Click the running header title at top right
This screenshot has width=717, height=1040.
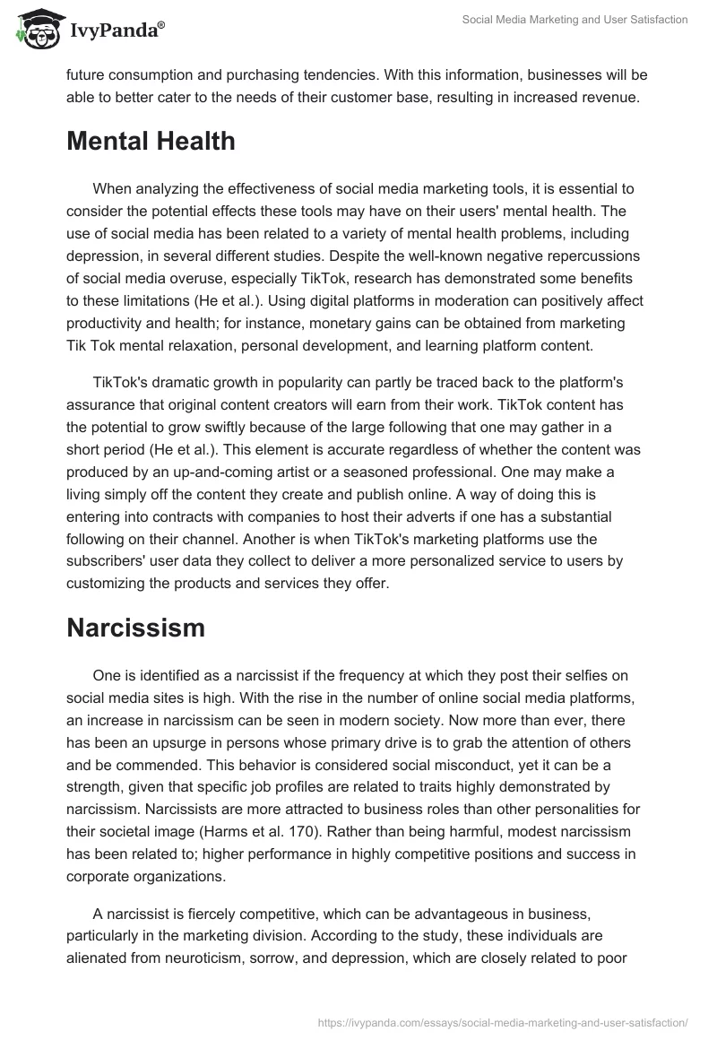574,20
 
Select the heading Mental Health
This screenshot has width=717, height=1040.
151,141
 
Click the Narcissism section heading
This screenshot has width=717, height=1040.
135,628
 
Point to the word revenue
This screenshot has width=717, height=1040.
609,99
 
